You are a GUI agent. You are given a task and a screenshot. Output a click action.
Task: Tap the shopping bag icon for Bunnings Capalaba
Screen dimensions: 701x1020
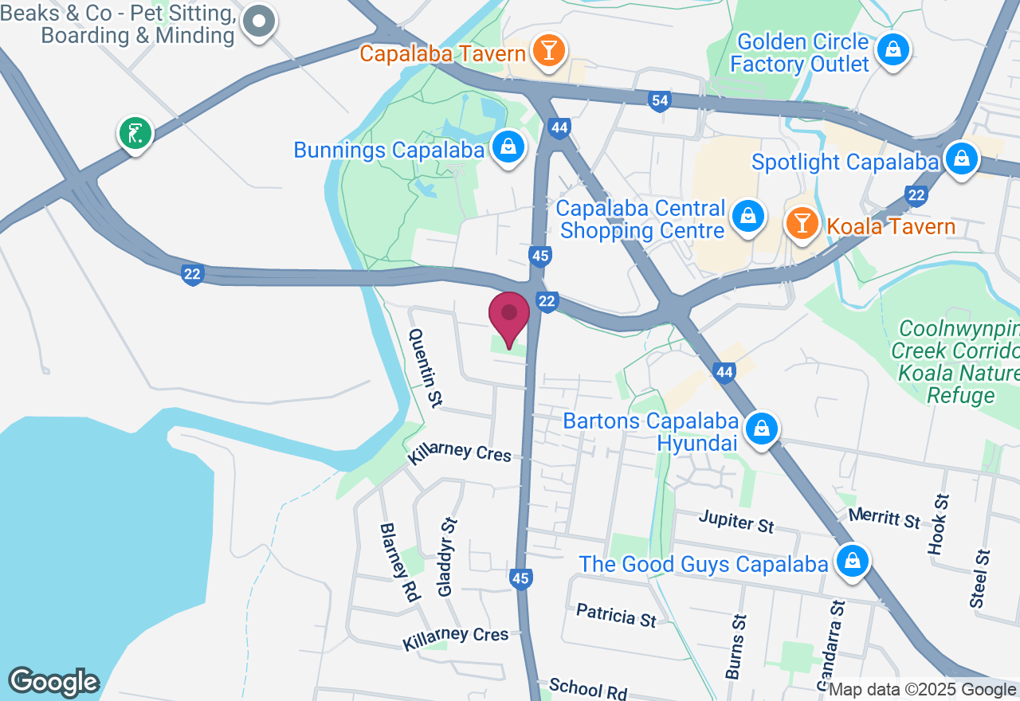coord(507,147)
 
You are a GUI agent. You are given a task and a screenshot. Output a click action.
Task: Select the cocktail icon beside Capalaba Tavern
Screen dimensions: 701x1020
coord(548,50)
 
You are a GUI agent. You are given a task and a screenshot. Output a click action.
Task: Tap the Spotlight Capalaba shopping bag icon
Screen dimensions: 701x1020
coord(962,159)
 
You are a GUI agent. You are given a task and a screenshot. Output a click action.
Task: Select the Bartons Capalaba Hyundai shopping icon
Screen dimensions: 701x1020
coord(762,429)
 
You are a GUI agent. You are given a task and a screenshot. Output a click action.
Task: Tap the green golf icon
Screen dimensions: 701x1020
coord(135,132)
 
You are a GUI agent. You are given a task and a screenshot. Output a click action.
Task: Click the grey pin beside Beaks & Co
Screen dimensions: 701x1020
coord(259,22)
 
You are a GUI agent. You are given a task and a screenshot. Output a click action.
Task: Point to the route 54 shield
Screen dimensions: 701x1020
coord(659,101)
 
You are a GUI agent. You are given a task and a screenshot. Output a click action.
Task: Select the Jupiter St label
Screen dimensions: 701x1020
coord(736,523)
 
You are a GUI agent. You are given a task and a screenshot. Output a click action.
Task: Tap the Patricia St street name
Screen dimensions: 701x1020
coord(616,616)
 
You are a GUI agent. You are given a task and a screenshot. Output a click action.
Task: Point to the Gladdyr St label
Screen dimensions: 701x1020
coord(447,557)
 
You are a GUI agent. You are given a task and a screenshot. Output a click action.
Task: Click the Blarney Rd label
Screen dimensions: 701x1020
coord(400,562)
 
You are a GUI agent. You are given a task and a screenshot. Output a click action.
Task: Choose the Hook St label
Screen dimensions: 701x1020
coord(939,522)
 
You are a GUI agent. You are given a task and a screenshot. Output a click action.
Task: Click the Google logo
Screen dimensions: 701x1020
coord(53,682)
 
